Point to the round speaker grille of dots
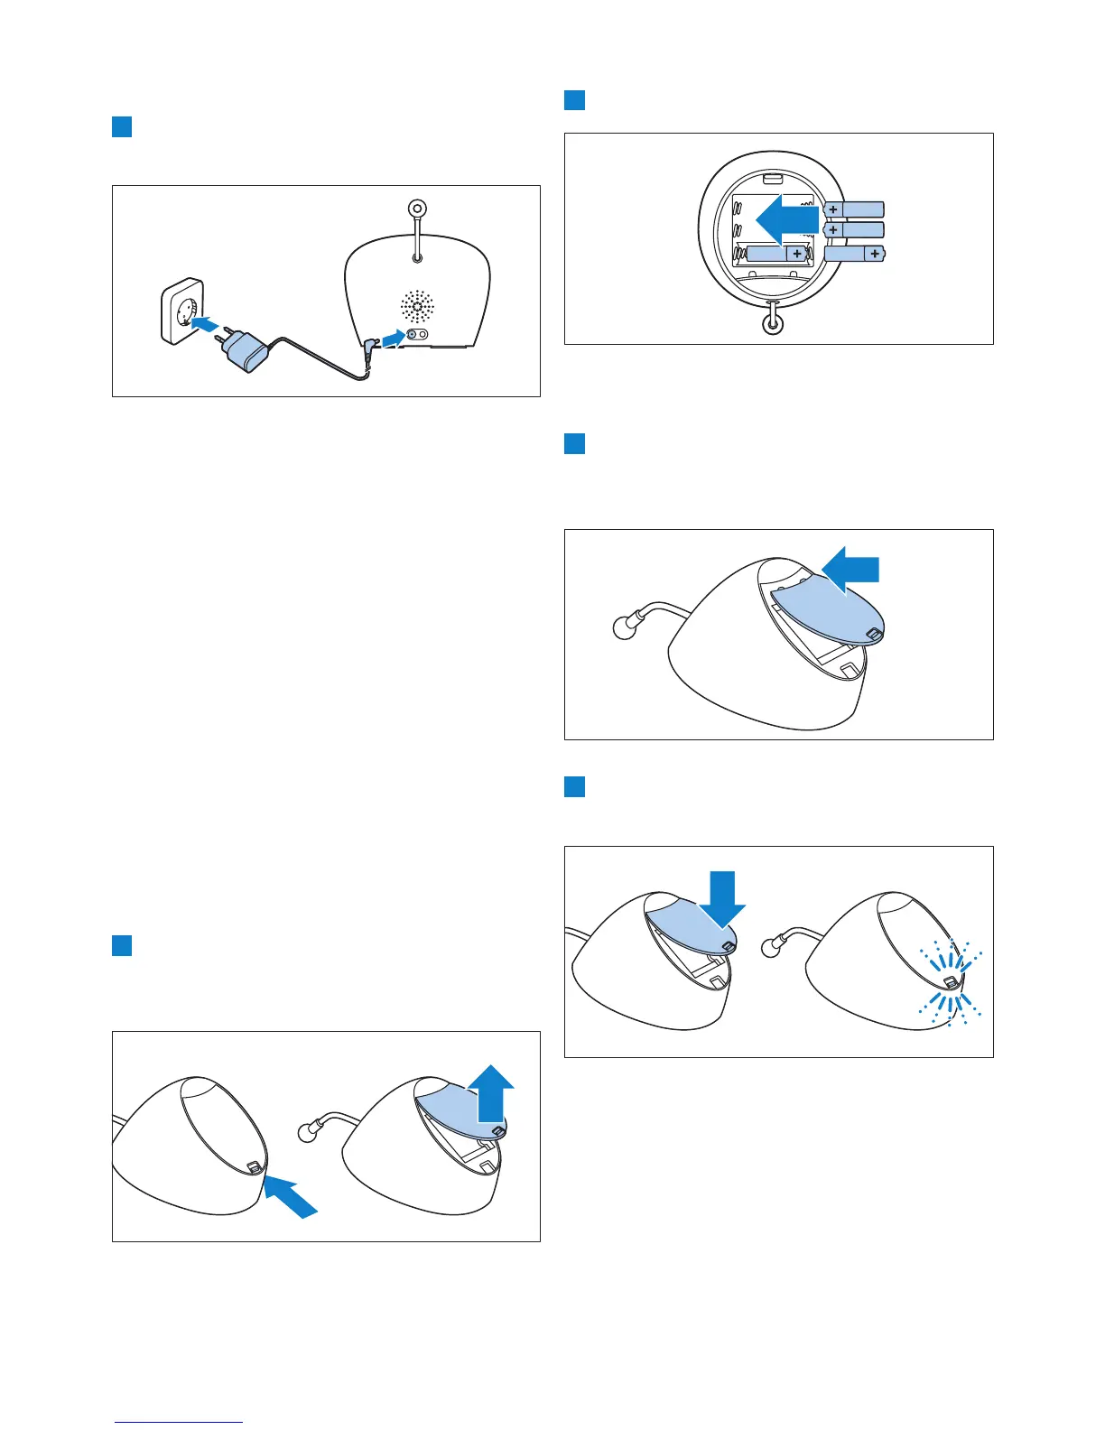point(418,307)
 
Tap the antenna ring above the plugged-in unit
point(417,209)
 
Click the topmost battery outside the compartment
point(853,209)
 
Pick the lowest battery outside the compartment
point(855,255)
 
